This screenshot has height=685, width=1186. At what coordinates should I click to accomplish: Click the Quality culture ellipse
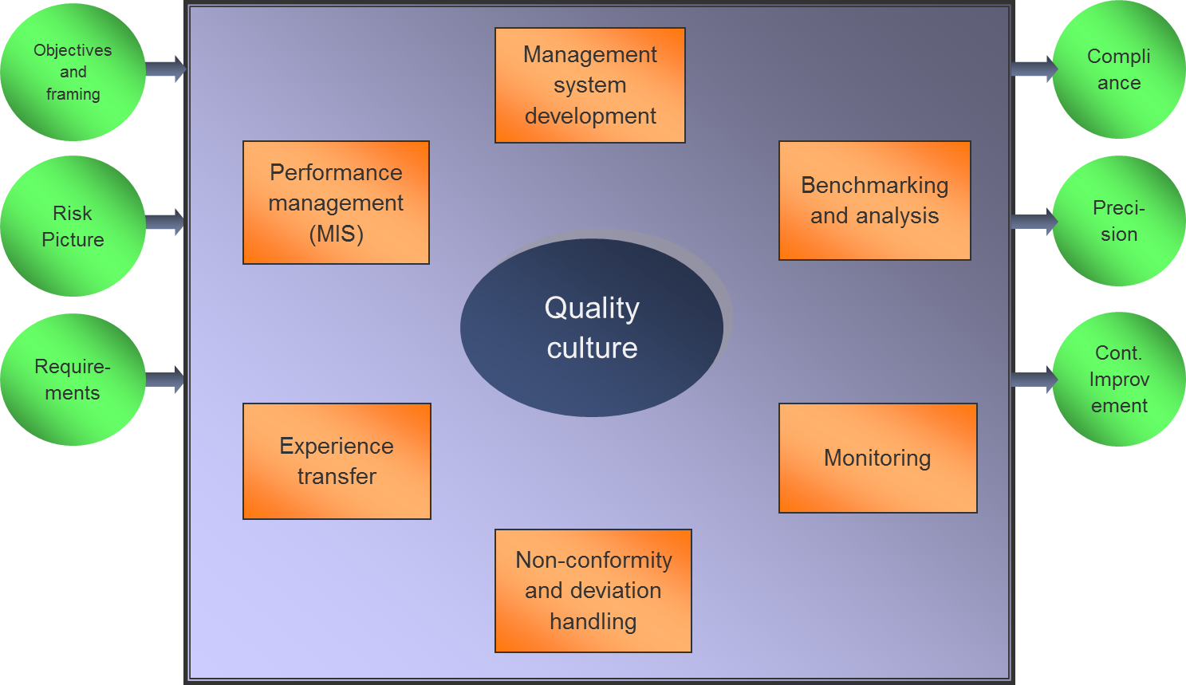[x=592, y=328]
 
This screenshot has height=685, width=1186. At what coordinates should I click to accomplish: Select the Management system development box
[x=590, y=85]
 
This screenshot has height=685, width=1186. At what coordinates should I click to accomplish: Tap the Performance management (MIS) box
[x=336, y=203]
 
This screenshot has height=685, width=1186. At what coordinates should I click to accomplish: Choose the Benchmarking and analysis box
[x=874, y=200]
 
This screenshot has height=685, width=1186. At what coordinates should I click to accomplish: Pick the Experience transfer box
[x=337, y=461]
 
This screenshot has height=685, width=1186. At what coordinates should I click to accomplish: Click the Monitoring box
[x=877, y=458]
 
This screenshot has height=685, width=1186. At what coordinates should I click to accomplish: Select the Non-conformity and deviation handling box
[x=593, y=591]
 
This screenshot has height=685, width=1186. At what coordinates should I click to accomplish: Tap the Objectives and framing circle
[x=73, y=73]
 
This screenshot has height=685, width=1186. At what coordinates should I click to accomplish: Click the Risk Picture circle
[x=73, y=226]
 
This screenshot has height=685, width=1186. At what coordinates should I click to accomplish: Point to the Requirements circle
[x=73, y=380]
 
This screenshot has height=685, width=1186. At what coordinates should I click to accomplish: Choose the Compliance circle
[x=1118, y=69]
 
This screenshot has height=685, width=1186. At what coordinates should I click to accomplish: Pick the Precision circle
[x=1118, y=221]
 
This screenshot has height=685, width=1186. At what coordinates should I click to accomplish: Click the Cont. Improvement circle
[x=1118, y=379]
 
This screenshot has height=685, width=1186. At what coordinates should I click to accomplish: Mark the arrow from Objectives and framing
[x=166, y=69]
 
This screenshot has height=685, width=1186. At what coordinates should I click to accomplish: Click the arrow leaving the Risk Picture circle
[x=166, y=222]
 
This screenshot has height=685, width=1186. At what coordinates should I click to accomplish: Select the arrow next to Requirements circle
[x=166, y=379]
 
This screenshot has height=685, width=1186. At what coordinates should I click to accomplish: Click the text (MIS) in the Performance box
[x=336, y=234]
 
